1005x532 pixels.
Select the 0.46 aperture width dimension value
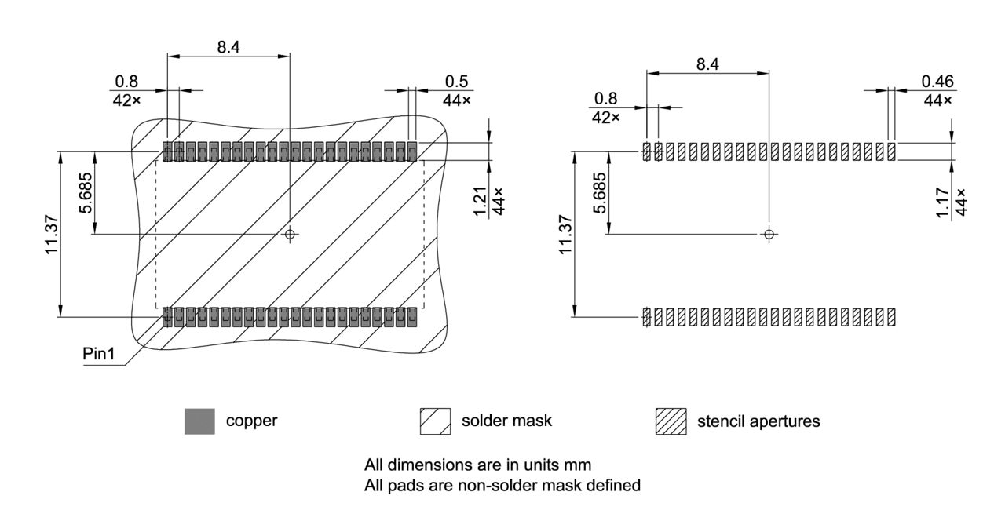coord(937,82)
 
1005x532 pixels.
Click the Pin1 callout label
coord(100,355)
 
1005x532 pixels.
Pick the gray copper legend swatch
coord(199,421)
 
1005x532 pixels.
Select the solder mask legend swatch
coord(436,421)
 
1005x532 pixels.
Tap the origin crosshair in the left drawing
coord(290,234)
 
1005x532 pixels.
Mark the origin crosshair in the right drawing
coord(769,234)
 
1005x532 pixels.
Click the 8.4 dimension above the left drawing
coord(228,46)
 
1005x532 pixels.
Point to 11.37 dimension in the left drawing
coord(52,234)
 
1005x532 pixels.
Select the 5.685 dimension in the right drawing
coord(599,193)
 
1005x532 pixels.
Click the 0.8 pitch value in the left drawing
coord(126,81)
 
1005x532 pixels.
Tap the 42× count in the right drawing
coord(605,117)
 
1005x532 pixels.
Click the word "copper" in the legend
coord(251,421)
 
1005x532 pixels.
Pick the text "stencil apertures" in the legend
coord(758,421)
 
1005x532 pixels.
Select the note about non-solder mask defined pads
coord(502,486)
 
